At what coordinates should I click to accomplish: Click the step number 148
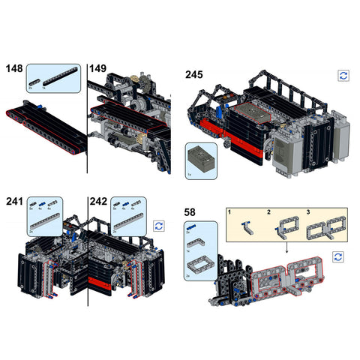coord(13,69)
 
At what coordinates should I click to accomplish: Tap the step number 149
coord(98,69)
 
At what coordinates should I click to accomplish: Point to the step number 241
coord(14,201)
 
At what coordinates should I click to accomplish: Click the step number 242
coord(98,201)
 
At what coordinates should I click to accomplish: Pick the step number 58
coord(190,212)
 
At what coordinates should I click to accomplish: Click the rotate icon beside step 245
coord(343,76)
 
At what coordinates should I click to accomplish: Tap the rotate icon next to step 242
coord(158,224)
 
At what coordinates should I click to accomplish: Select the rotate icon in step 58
coord(338,256)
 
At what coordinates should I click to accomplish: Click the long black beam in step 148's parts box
coord(59,77)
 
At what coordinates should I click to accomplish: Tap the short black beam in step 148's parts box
coord(34,80)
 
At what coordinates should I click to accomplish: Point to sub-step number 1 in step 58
coord(230,214)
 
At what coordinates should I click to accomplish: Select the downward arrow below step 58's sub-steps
coord(286,247)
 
